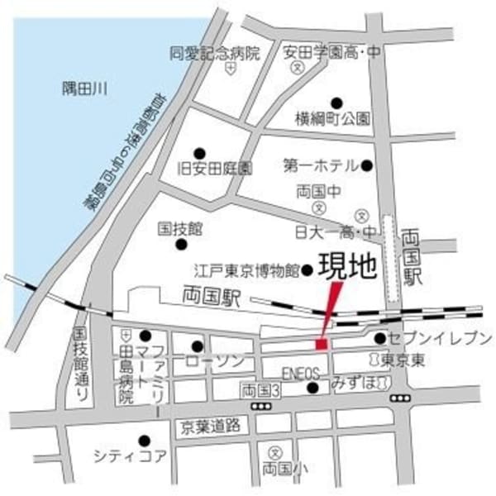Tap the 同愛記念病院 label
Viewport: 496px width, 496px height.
click(x=214, y=54)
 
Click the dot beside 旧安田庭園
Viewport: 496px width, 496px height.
click(x=199, y=153)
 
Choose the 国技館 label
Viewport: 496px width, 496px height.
click(x=179, y=227)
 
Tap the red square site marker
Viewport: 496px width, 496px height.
click(x=322, y=343)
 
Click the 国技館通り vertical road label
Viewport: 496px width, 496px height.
click(x=80, y=364)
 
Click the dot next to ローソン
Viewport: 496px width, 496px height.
click(x=197, y=346)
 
